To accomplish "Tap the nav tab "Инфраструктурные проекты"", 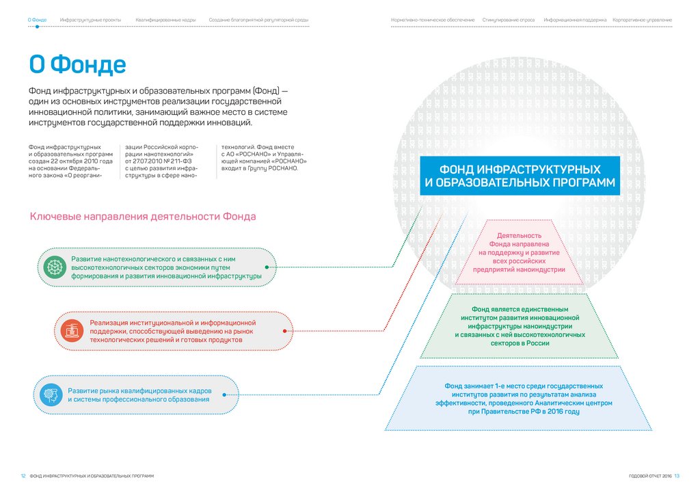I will pos(90,21).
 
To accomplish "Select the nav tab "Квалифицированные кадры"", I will pos(166,21).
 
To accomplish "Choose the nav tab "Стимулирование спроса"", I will pos(508,21).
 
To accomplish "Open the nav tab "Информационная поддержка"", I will pos(575,21).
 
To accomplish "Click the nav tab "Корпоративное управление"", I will pos(642,21).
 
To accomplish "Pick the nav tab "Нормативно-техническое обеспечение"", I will pos(433,21).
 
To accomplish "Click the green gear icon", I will pos(53,267).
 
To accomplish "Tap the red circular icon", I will pos(72,332).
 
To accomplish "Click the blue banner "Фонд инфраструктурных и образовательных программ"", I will pos(520,176).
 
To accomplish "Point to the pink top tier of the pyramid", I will pos(519,252).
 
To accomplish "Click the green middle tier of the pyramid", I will pos(519,326).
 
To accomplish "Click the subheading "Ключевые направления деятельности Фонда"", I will pos(143,217).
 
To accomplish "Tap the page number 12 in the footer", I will pos(23,476).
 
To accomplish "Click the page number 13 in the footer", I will pos(677,476).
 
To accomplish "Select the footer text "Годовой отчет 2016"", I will pos(650,476).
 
